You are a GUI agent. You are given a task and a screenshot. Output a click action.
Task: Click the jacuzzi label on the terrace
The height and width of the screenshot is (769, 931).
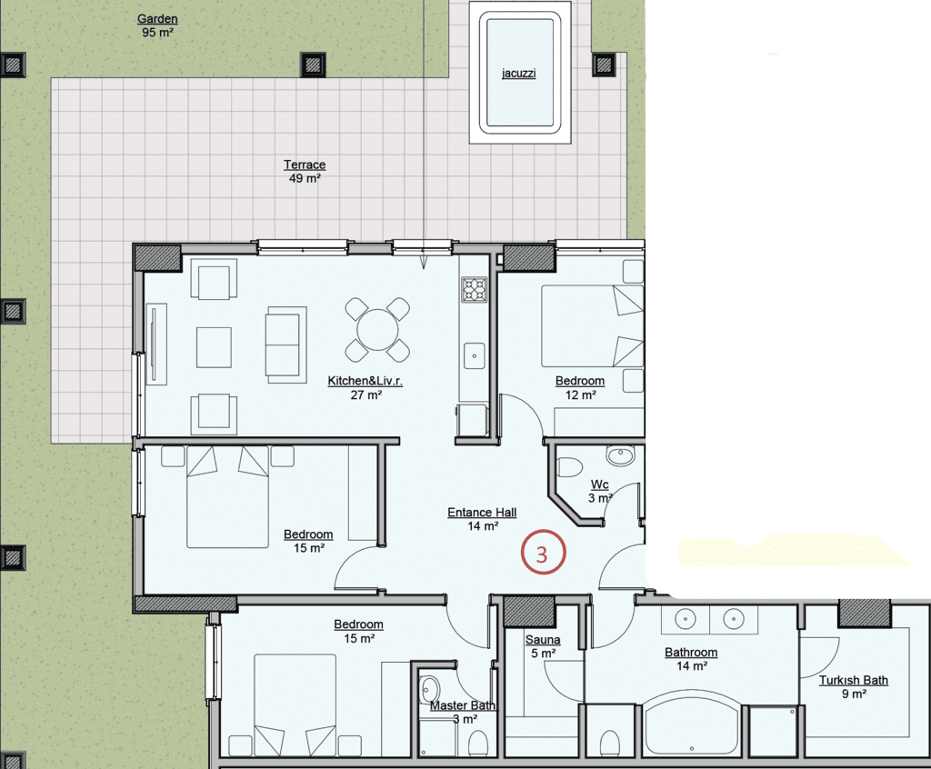pyautogui.click(x=519, y=73)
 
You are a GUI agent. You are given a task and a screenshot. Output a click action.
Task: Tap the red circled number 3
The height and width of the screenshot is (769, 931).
pyautogui.click(x=543, y=553)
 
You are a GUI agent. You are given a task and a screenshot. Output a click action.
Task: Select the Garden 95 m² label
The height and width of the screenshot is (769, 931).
pyautogui.click(x=157, y=25)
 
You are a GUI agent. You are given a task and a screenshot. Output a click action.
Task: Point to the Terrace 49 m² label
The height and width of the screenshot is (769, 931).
pyautogui.click(x=305, y=171)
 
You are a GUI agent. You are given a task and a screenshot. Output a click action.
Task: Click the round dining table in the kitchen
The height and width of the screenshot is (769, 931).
pyautogui.click(x=377, y=330)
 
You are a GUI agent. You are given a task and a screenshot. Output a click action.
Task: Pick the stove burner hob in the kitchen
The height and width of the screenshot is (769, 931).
pyautogui.click(x=475, y=290)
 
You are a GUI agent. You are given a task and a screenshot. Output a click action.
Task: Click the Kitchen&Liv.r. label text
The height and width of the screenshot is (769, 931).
pyautogui.click(x=365, y=381)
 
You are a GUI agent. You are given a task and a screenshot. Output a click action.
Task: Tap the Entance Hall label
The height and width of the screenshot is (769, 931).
pyautogui.click(x=482, y=513)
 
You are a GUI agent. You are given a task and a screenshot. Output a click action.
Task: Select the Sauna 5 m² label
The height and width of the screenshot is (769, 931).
pyautogui.click(x=543, y=646)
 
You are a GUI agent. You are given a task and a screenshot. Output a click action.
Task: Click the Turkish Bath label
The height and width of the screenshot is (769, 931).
pyautogui.click(x=854, y=680)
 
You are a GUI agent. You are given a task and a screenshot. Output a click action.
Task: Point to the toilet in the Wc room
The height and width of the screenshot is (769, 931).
pyautogui.click(x=569, y=466)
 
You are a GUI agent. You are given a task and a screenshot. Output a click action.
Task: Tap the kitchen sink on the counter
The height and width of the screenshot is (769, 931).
pyautogui.click(x=475, y=355)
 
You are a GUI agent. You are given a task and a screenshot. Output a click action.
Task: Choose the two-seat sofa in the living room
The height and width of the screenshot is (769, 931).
pyautogui.click(x=286, y=345)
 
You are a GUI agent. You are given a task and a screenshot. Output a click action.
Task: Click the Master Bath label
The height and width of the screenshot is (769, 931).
pyautogui.click(x=463, y=705)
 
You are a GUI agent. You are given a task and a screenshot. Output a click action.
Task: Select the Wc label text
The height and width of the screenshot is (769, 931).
pyautogui.click(x=600, y=484)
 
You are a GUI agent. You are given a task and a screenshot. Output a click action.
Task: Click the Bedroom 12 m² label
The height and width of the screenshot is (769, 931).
pyautogui.click(x=580, y=388)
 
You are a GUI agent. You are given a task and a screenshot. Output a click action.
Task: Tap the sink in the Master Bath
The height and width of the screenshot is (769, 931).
pyautogui.click(x=428, y=689)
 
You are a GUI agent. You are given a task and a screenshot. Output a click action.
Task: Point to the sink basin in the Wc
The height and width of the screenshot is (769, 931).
pyautogui.click(x=620, y=455)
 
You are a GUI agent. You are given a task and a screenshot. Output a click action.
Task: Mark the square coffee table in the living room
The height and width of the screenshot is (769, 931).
pyautogui.click(x=214, y=347)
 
